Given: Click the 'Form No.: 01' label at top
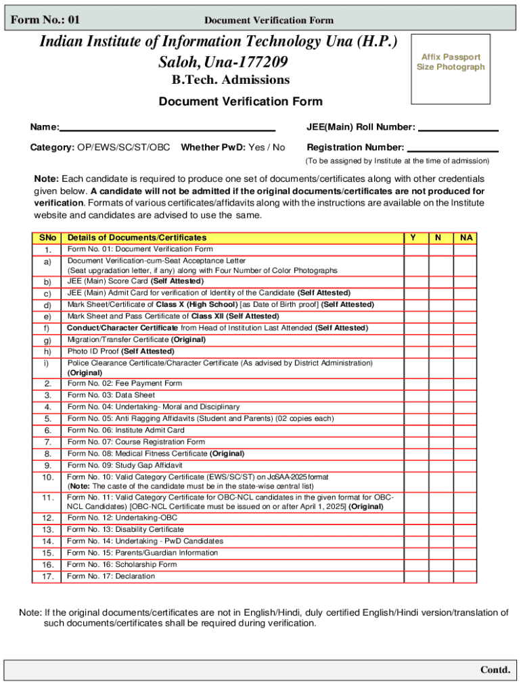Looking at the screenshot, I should (x=41, y=20).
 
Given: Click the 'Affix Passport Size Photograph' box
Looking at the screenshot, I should (x=451, y=62).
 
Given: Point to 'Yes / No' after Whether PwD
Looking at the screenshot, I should (x=267, y=147).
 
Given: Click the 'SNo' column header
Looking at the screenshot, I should (x=47, y=238).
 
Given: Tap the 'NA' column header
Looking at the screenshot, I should (x=466, y=238).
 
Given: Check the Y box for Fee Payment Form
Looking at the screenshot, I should (x=416, y=384).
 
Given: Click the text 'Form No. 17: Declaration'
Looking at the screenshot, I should (x=111, y=576).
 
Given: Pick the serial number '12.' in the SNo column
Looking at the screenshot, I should (x=47, y=518).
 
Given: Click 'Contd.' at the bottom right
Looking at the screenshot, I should (x=495, y=670).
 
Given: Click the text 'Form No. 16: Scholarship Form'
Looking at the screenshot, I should (x=122, y=565).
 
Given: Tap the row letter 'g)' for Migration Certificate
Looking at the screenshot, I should (x=47, y=341).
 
